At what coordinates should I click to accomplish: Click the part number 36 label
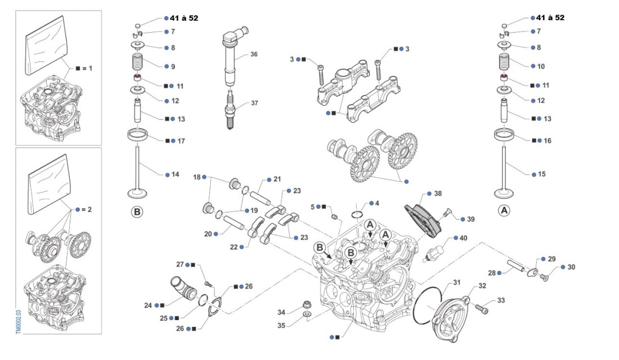coord(254,55)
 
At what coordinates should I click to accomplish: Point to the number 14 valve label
coord(175,174)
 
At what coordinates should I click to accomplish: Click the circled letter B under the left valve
coord(137,213)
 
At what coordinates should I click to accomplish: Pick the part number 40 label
coord(463,238)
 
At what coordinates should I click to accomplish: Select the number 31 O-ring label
coord(456,282)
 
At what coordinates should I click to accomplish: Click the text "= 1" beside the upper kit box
coord(86,68)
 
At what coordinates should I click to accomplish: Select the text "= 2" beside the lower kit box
coord(86,209)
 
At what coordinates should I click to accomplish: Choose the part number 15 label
coord(541,174)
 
